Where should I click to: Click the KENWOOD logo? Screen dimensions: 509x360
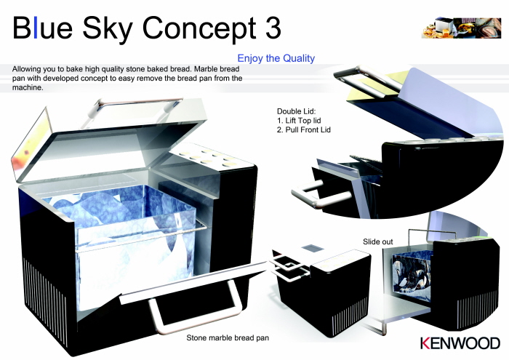[460, 343]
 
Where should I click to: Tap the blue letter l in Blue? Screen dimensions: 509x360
[36, 27]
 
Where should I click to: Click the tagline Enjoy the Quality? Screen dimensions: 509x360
[276, 58]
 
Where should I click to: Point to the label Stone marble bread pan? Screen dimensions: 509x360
[228, 338]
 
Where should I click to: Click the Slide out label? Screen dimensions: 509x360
[377, 241]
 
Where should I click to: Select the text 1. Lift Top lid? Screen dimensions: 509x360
[299, 121]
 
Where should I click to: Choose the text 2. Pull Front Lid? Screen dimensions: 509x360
[304, 129]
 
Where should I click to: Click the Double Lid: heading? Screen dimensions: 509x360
[297, 111]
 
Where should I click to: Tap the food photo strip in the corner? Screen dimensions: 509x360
[461, 28]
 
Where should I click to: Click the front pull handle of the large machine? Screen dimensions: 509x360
[194, 311]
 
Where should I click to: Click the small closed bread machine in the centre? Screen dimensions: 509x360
[321, 286]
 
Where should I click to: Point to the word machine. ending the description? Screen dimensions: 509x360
[28, 87]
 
